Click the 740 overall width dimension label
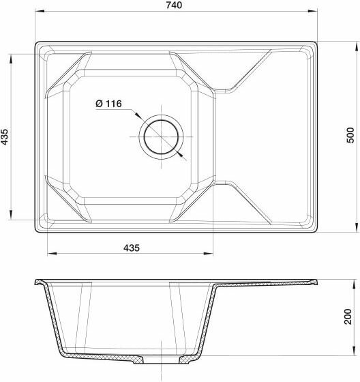174,5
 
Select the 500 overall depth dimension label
350,135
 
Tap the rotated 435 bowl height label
5,136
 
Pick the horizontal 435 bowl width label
132,248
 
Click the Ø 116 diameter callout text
108,104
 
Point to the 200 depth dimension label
348,317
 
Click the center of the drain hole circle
161,137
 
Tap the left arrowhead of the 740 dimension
40,11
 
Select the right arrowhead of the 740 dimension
313,11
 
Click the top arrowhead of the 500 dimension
357,46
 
